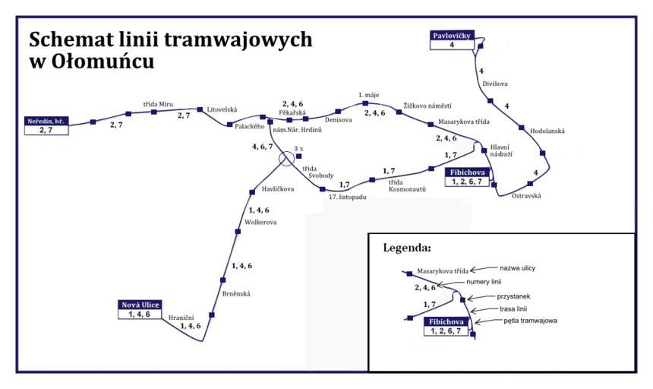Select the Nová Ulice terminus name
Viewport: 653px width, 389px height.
pyautogui.click(x=140, y=305)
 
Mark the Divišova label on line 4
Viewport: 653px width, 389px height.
pyautogui.click(x=494, y=84)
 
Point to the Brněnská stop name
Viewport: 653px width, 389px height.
pyautogui.click(x=236, y=293)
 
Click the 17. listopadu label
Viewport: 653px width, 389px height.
pyautogui.click(x=348, y=198)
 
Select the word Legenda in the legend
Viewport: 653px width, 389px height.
pyautogui.click(x=408, y=248)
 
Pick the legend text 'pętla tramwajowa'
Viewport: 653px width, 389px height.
pyautogui.click(x=530, y=321)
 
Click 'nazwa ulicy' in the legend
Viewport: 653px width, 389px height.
pyautogui.click(x=518, y=268)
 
